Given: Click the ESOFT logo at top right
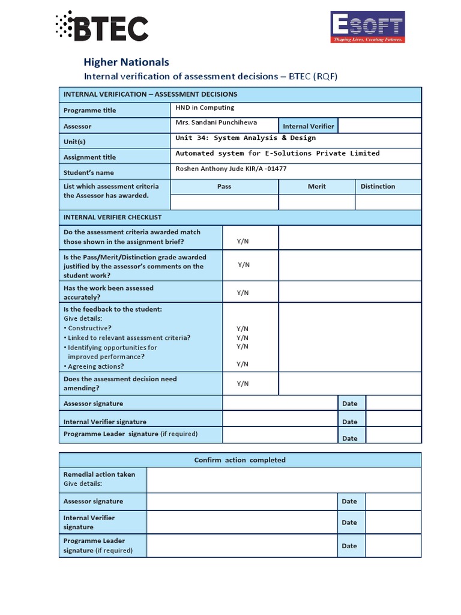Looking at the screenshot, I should (x=368, y=27).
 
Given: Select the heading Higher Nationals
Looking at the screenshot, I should (x=126, y=62).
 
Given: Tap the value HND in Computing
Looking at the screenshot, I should (x=205, y=108).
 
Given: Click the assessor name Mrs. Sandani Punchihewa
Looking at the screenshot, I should (x=216, y=123).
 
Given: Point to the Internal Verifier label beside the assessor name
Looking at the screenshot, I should (x=309, y=126).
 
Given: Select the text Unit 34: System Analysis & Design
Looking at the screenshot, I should (x=245, y=138).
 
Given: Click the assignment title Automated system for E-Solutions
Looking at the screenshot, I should (x=277, y=153).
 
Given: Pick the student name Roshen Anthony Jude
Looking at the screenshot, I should (x=231, y=169).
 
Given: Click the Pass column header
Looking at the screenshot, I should (x=224, y=186).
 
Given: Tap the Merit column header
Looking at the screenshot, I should (x=316, y=186).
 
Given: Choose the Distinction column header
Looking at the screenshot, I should (x=378, y=186).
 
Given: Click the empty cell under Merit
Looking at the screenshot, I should (x=316, y=202).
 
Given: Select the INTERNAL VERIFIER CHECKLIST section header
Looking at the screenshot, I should (x=112, y=217).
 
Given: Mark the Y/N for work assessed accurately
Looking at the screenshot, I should (x=243, y=292).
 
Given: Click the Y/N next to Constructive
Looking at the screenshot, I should (x=243, y=329).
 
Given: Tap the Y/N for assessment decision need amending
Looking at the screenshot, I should (x=243, y=384).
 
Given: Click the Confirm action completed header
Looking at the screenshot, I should (x=240, y=460).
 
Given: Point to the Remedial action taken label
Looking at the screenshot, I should (x=99, y=474).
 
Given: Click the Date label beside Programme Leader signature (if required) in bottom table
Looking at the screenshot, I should (x=349, y=546).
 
